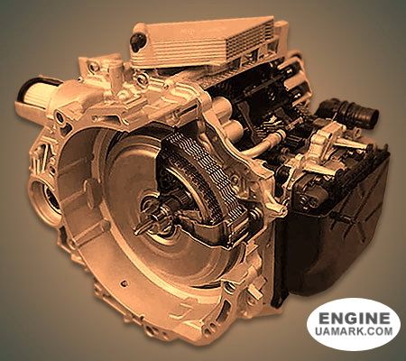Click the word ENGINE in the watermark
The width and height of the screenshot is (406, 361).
(x=353, y=318)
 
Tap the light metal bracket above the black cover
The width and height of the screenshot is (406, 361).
(x=311, y=149)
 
